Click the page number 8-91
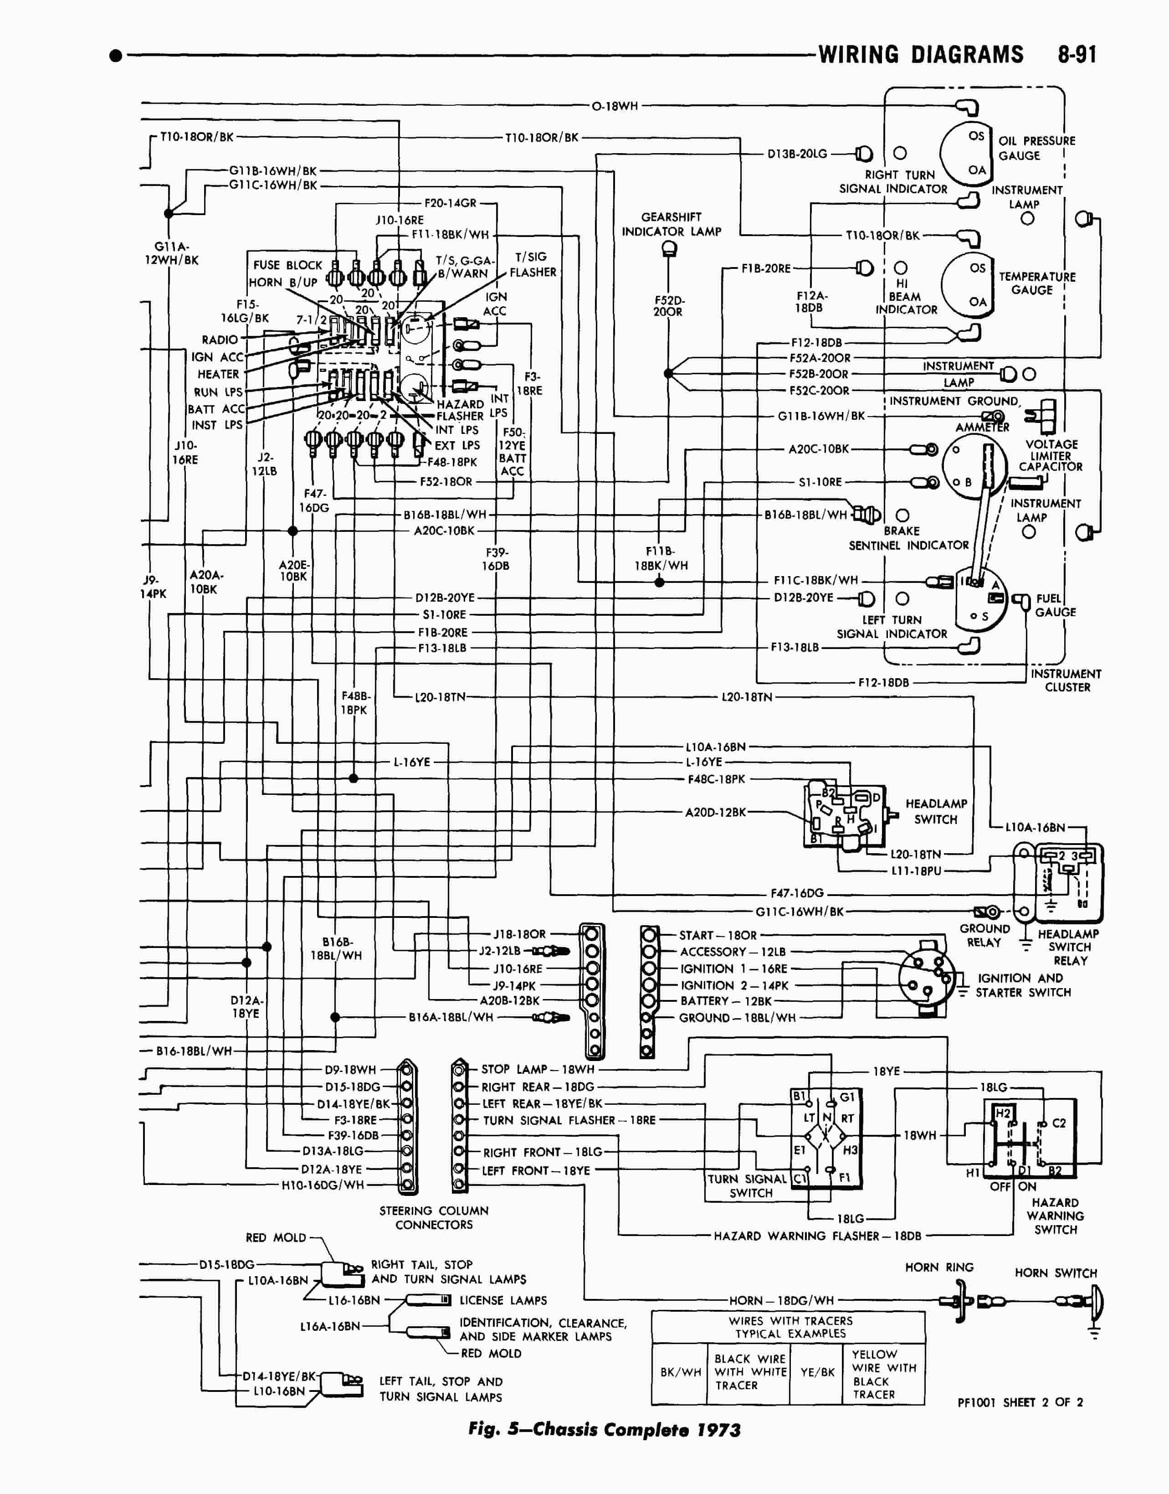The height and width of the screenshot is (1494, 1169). click(x=1077, y=55)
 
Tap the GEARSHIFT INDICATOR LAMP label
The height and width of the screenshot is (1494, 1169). click(x=671, y=224)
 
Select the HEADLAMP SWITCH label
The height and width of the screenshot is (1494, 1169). click(x=936, y=811)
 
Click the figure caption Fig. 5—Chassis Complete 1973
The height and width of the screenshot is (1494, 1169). click(x=605, y=1430)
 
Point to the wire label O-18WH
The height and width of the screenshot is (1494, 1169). click(x=615, y=106)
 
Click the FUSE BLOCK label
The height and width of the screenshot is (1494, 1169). click(x=287, y=265)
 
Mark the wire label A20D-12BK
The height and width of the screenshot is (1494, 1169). click(x=715, y=813)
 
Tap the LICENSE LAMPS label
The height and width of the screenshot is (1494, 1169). click(x=503, y=1300)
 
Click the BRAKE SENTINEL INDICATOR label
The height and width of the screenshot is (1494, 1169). click(x=908, y=538)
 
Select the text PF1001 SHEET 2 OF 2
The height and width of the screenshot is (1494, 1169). click(x=1020, y=1402)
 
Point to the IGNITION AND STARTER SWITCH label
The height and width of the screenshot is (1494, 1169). click(x=1023, y=985)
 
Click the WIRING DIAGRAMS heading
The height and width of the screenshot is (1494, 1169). click(x=921, y=55)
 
